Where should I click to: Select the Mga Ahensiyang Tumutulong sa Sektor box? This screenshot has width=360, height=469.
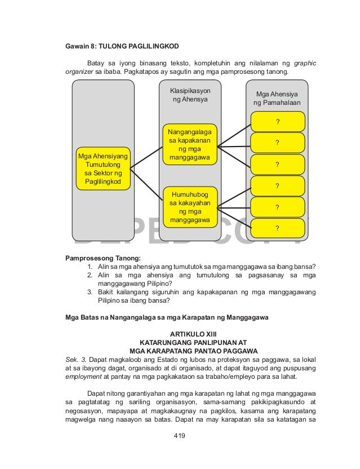click(103, 169)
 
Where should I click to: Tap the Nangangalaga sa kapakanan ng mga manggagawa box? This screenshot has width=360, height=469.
click(190, 144)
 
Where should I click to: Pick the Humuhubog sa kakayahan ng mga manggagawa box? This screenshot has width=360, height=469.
click(190, 206)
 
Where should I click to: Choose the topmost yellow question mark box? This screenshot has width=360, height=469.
click(277, 121)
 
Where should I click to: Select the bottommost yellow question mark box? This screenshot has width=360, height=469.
click(277, 228)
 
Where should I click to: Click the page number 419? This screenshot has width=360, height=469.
click(180, 435)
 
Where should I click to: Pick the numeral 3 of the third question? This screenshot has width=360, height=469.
click(90, 292)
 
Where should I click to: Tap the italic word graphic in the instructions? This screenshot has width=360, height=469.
click(304, 63)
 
